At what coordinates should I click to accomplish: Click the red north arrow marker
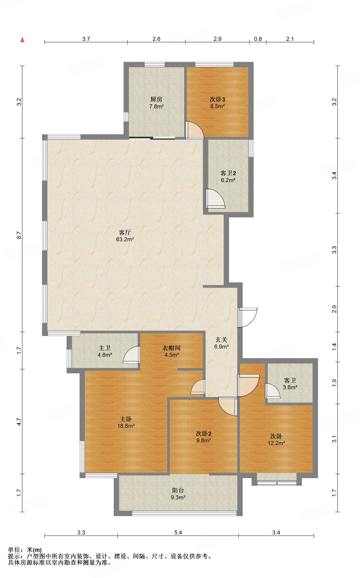tap(22, 40)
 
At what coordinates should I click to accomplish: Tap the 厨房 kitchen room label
tap(156, 99)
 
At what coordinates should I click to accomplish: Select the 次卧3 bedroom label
tap(217, 99)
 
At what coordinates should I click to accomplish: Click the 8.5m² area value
tap(217, 106)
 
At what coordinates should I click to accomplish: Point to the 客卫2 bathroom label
tap(228, 173)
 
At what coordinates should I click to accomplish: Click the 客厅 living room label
tap(125, 233)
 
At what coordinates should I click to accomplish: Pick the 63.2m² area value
tap(125, 240)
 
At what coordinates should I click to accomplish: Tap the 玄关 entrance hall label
tap(221, 340)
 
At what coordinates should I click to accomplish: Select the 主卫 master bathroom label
tap(105, 348)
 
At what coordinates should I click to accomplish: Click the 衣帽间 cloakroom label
tap(171, 348)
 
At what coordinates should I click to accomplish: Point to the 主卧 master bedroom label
tap(126, 419)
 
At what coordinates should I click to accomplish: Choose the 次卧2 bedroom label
tap(204, 433)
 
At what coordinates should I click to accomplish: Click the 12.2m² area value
tap(276, 443)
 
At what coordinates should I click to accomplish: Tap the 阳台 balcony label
tap(178, 491)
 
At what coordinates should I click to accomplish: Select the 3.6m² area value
tap(290, 387)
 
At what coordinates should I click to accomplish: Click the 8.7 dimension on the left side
tap(19, 235)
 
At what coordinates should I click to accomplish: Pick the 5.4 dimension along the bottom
tap(178, 533)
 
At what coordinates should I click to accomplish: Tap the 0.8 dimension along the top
tap(258, 39)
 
